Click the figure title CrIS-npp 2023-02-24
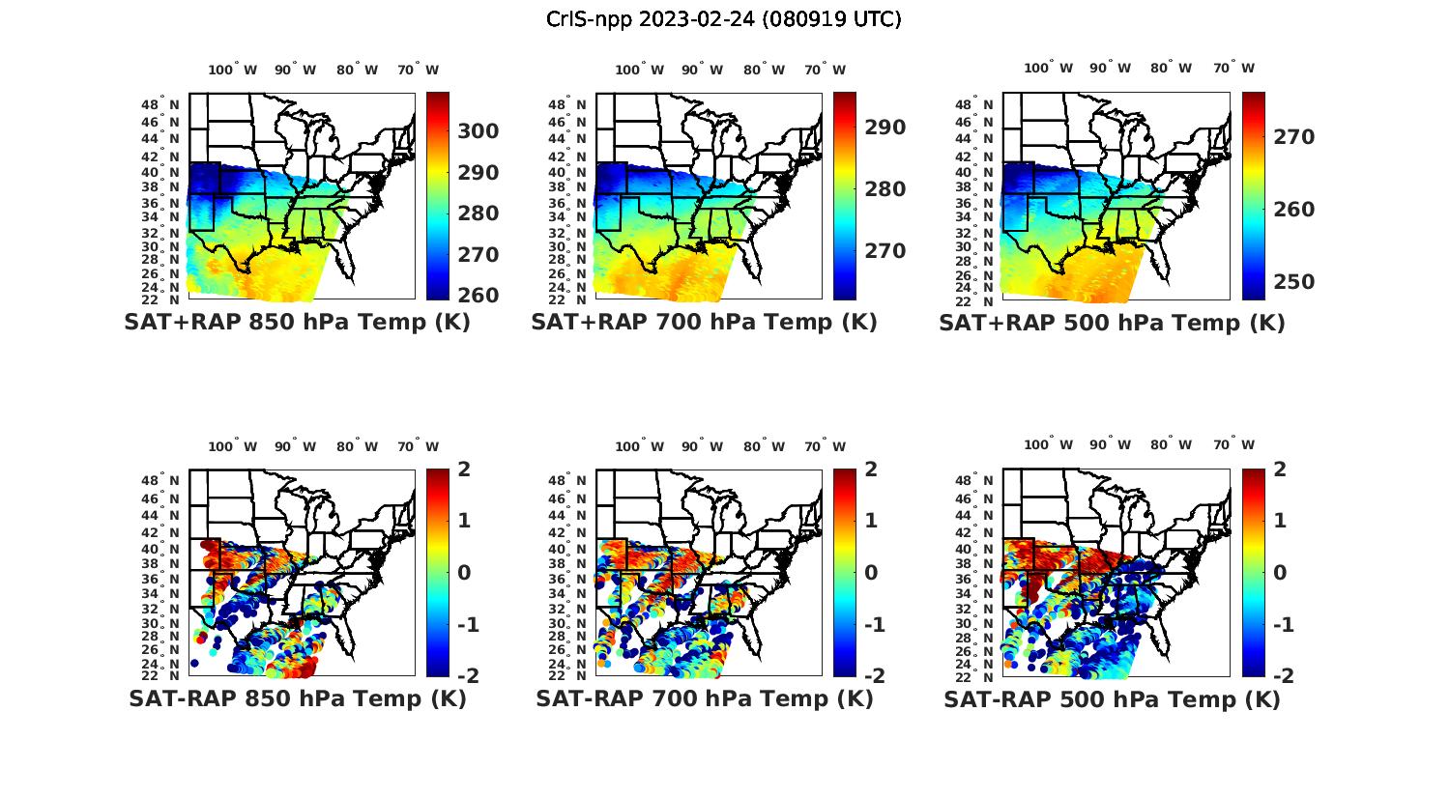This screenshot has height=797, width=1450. click(724, 19)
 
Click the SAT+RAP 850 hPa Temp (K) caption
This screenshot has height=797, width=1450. click(297, 323)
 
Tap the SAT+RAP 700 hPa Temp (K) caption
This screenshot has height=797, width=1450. click(704, 323)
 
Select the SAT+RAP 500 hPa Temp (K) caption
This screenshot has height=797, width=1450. click(1112, 323)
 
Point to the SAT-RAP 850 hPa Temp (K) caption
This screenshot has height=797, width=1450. click(297, 699)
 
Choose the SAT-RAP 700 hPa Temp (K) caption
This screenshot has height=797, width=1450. click(704, 699)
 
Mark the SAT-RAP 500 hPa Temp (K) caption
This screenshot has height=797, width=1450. click(1112, 699)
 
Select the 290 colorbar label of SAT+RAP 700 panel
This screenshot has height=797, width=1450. click(884, 128)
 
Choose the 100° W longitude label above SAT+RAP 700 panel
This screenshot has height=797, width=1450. click(639, 70)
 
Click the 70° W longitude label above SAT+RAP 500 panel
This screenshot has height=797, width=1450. click(1233, 68)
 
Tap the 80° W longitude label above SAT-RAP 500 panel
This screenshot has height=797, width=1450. click(1171, 445)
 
